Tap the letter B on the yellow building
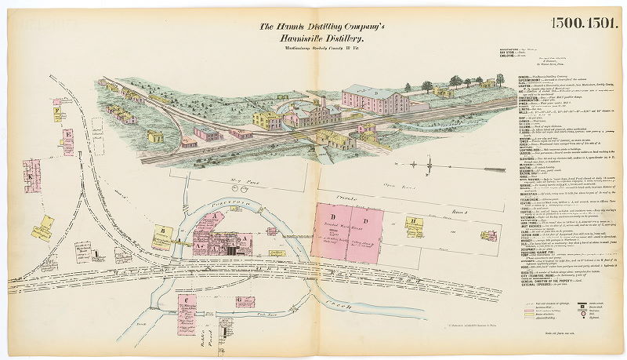tap(161, 231)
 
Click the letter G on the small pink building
tap(238, 300)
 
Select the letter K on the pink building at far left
tap(31, 177)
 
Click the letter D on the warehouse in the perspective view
tap(375, 93)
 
